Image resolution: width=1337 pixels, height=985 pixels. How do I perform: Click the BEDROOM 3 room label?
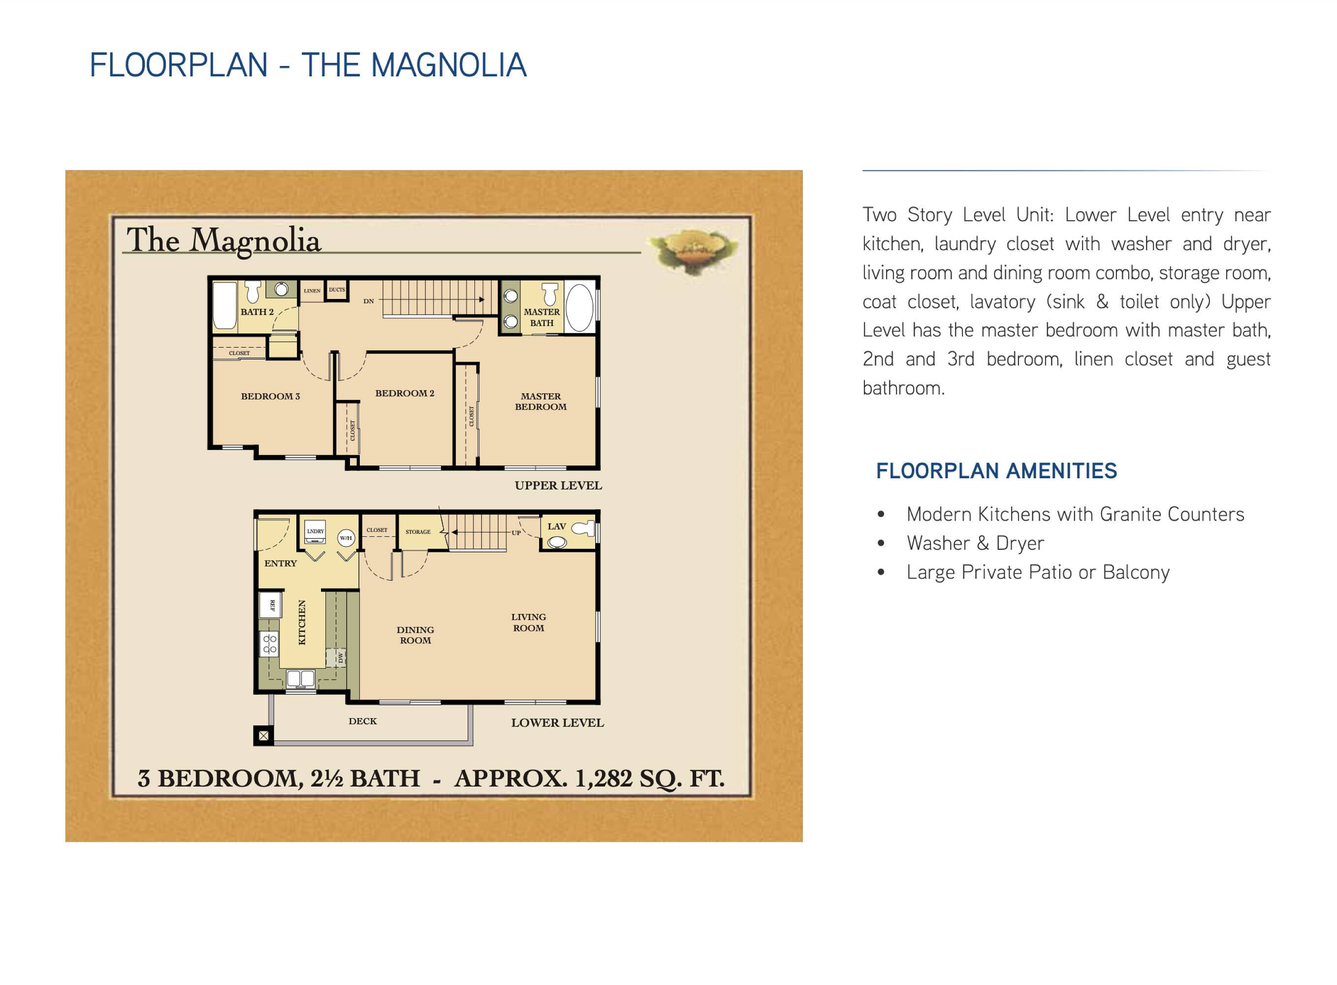pyautogui.click(x=270, y=396)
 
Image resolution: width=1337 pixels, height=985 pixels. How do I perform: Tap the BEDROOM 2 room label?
pyautogui.click(x=405, y=393)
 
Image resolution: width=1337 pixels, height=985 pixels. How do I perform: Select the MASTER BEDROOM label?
pyautogui.click(x=541, y=401)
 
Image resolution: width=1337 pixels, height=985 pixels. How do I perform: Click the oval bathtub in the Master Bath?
pyautogui.click(x=579, y=308)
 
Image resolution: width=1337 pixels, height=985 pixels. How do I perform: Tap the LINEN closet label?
pyautogui.click(x=312, y=291)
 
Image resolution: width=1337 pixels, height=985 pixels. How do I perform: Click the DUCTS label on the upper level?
pyautogui.click(x=337, y=290)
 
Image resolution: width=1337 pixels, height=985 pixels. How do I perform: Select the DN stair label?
pyautogui.click(x=369, y=301)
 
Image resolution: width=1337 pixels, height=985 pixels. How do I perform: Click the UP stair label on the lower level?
pyautogui.click(x=516, y=532)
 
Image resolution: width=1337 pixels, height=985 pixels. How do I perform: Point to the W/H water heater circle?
pyautogui.click(x=346, y=538)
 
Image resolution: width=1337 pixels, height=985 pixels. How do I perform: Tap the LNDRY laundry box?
pyautogui.click(x=315, y=534)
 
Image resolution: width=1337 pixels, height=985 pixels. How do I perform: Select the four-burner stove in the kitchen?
pyautogui.click(x=270, y=645)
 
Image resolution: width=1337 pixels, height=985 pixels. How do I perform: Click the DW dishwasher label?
pyautogui.click(x=340, y=657)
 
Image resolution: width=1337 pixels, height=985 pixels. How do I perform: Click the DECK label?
pyautogui.click(x=363, y=721)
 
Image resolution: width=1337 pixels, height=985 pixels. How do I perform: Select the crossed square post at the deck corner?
pyautogui.click(x=263, y=736)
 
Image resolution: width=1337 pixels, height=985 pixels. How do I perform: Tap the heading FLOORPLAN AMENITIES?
pyautogui.click(x=996, y=471)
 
